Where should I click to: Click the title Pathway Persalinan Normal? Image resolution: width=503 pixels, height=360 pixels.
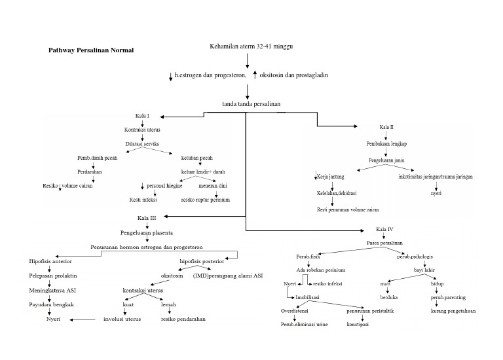pos(91,50)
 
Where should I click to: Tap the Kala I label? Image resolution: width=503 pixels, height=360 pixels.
pos(143,116)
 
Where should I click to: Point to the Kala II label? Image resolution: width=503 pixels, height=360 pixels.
pos(386,126)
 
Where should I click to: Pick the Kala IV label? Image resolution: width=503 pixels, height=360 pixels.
pos(385,230)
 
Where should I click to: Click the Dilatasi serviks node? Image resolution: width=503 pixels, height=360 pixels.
pos(143,143)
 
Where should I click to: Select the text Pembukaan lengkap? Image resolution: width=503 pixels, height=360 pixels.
pos(386,143)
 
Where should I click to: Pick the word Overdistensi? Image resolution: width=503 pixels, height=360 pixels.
pos(295,310)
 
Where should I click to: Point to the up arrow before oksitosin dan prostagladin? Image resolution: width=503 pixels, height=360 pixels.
pos(255,75)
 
